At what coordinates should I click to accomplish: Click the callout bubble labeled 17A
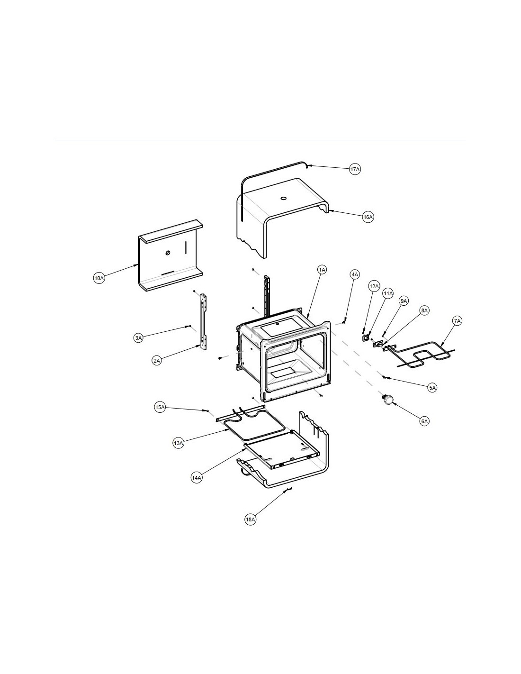coord(355,169)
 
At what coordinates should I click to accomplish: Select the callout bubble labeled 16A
coord(368,217)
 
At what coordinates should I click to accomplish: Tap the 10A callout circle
coord(99,278)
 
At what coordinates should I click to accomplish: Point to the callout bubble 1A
coord(323,270)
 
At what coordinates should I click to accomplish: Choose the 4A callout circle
coord(355,274)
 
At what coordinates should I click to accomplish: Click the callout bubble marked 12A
coord(374,286)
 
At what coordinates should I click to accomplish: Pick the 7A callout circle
coord(457,321)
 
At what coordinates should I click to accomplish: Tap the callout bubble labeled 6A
coord(424,421)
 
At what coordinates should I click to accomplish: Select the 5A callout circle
coord(432,387)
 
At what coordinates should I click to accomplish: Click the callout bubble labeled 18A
coord(251,519)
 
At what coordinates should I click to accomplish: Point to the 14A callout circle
coord(197,478)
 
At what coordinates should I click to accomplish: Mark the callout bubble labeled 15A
coord(160,407)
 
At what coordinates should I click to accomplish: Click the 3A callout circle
coord(139,338)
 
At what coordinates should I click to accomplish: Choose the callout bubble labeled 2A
coord(157,361)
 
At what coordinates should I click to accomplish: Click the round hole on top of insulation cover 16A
coord(283,198)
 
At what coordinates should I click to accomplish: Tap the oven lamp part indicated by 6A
coord(388,399)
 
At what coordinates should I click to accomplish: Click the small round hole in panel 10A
coord(168,253)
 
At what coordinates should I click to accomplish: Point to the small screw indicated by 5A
coord(384,377)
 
